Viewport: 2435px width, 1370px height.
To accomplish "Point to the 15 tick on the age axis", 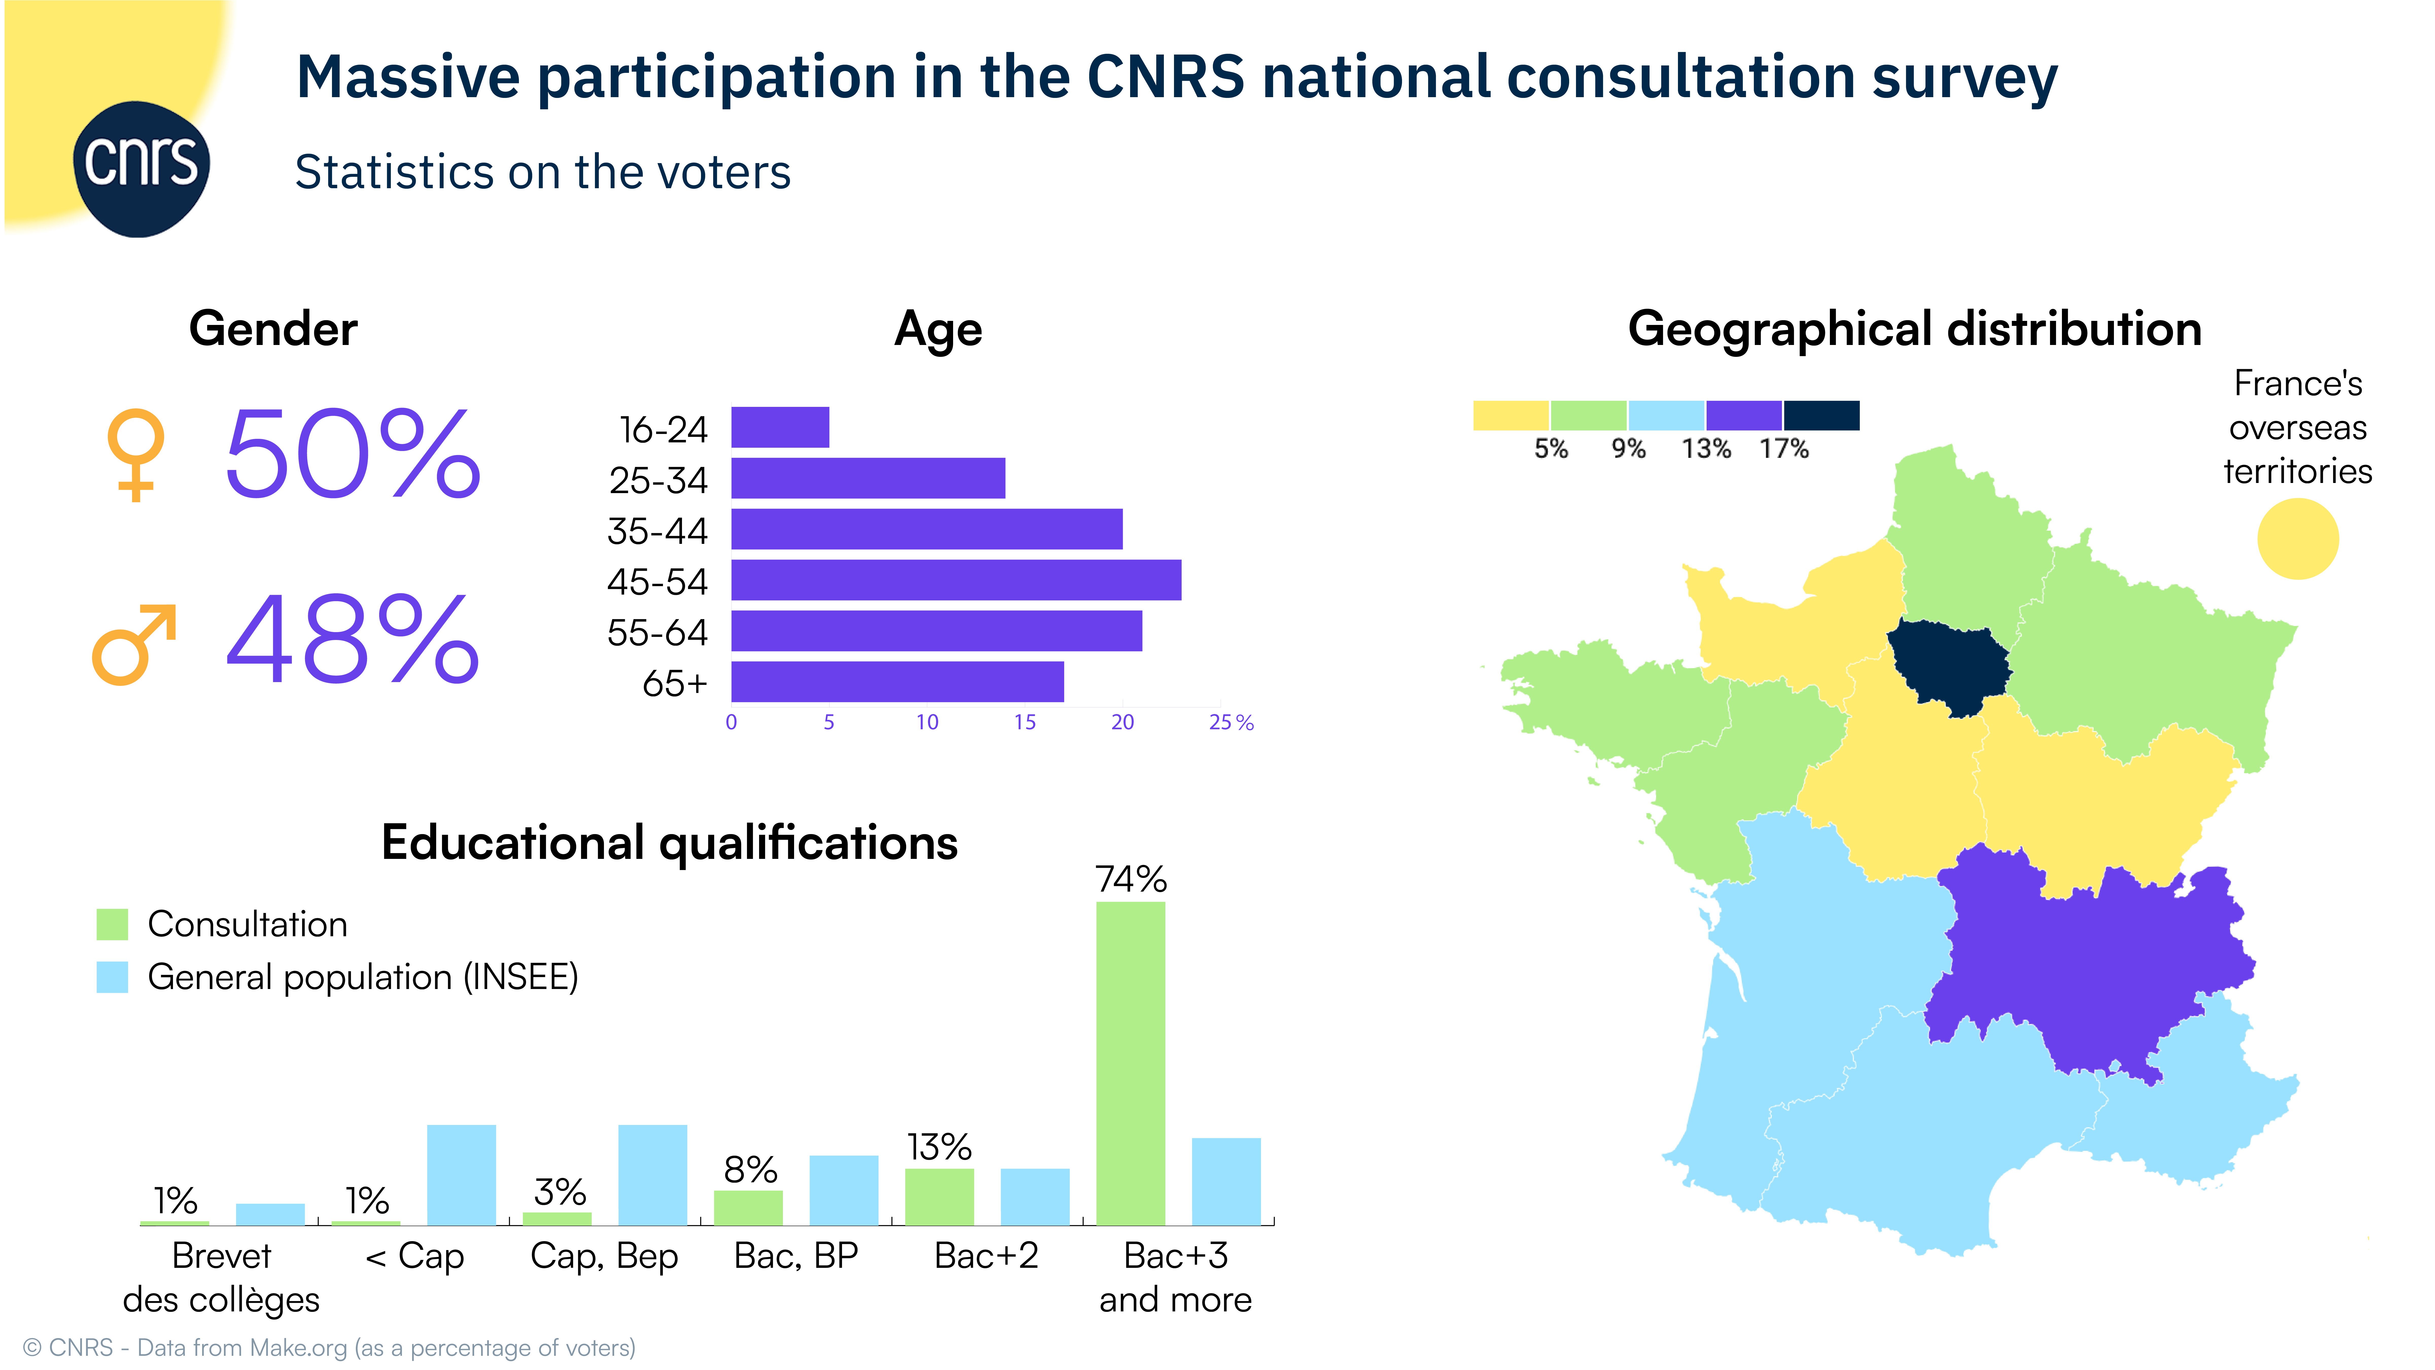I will point(1025,722).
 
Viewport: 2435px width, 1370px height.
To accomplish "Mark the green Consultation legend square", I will point(113,924).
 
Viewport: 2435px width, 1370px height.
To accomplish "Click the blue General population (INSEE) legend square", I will point(113,977).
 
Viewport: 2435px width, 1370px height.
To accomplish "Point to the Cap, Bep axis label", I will point(604,1256).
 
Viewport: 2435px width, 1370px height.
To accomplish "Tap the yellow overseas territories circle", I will point(2297,539).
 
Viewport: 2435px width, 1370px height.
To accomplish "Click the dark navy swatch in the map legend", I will point(1820,415).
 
